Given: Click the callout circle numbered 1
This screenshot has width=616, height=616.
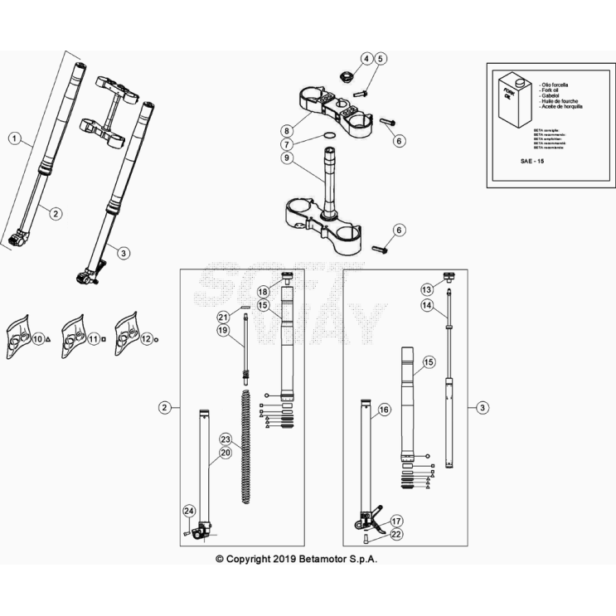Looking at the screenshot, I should [14, 138].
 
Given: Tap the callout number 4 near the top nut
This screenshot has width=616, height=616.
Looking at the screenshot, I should [365, 59].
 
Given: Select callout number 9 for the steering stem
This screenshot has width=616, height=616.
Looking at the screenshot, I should [286, 158].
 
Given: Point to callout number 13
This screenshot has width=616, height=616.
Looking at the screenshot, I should [427, 289].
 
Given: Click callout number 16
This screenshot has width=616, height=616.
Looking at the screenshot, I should [383, 410].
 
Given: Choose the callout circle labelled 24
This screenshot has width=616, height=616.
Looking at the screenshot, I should [189, 511].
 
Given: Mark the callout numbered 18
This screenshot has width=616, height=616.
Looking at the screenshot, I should [263, 292].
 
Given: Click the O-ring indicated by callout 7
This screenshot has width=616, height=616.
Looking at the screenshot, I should [329, 137].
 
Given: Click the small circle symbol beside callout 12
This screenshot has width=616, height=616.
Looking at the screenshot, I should [157, 338].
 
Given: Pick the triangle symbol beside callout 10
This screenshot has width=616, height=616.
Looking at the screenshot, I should [50, 339].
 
